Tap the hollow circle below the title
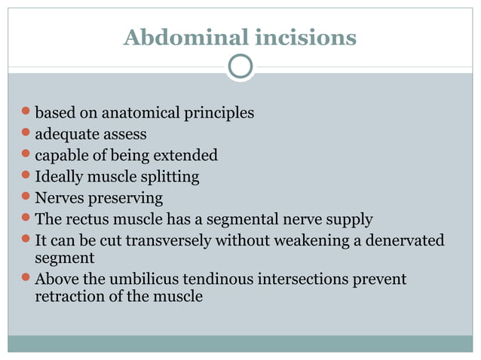[240, 67]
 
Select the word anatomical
[141, 114]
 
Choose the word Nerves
[59, 198]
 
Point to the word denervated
[399, 240]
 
